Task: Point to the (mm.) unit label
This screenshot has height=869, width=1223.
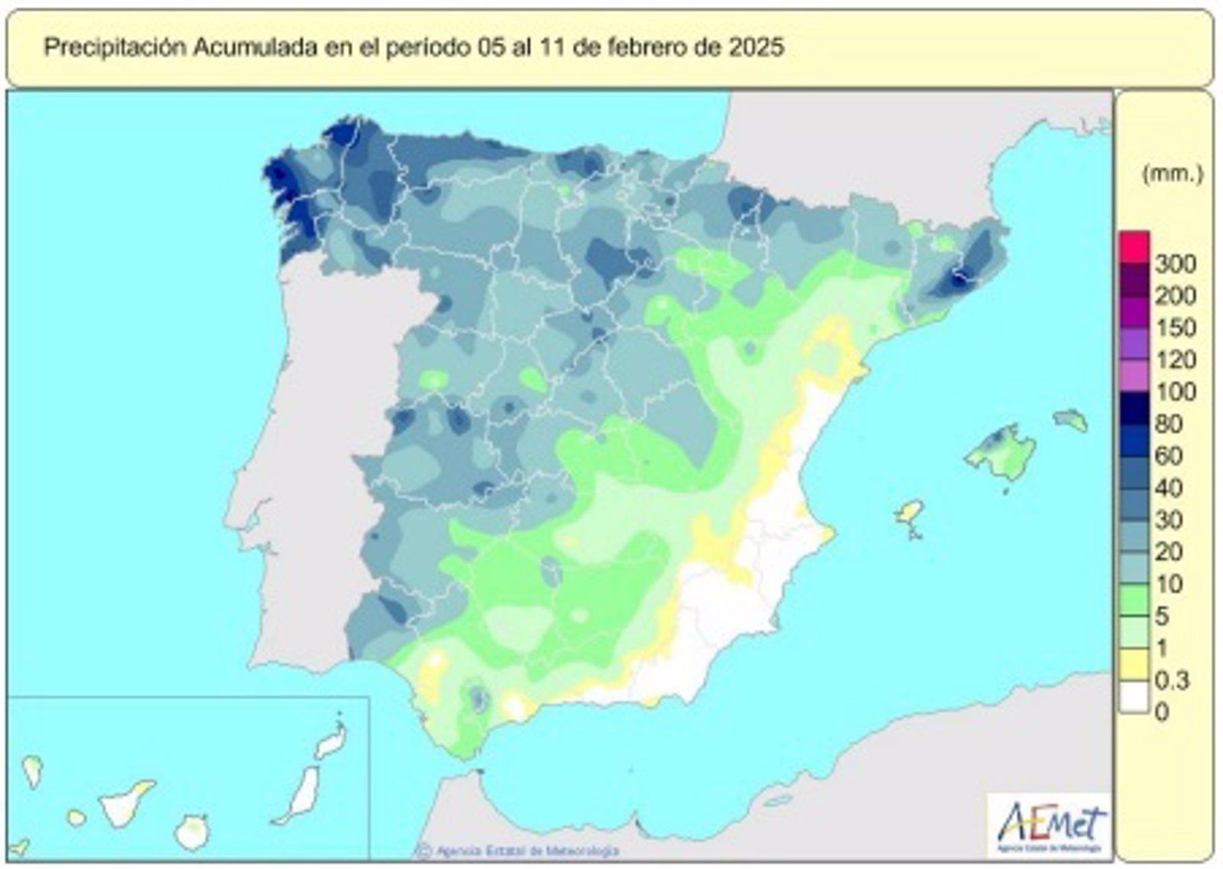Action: [1172, 174]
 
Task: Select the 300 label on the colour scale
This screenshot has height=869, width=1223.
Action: [1175, 264]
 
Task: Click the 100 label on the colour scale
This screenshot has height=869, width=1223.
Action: [1175, 392]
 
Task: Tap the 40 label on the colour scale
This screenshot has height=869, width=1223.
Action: [1169, 488]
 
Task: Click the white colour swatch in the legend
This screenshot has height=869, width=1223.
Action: [1134, 697]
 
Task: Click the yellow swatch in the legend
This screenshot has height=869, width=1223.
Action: [1134, 663]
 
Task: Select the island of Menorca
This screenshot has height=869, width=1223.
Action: [1069, 419]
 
